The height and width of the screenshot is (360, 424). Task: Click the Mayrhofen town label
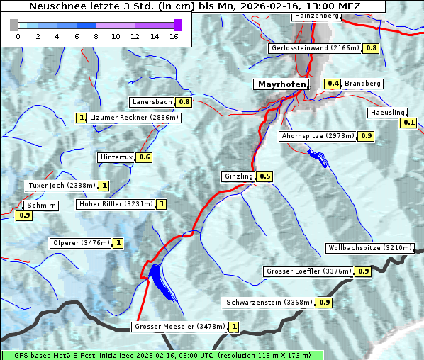(x=281, y=84)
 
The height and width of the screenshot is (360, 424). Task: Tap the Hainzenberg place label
(x=316, y=15)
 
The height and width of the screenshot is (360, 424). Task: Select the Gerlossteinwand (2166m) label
(x=315, y=48)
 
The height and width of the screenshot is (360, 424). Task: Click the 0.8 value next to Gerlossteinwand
(x=371, y=48)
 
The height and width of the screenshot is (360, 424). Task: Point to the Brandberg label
(x=362, y=84)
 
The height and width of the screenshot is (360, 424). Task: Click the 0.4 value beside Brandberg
(x=333, y=84)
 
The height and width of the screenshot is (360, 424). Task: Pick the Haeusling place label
(x=387, y=113)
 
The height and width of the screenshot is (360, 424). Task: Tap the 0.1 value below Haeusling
(x=408, y=123)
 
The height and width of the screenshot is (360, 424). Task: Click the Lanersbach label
(x=152, y=102)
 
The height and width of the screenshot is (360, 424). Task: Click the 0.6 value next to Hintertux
(x=145, y=157)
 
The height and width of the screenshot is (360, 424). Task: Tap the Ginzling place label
(x=238, y=176)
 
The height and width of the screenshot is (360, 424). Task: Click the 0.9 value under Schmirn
(x=24, y=215)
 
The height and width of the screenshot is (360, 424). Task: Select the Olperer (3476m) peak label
(x=81, y=243)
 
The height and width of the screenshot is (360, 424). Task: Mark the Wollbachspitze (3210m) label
(x=369, y=248)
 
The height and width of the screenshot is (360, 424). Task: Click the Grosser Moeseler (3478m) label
(x=179, y=327)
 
